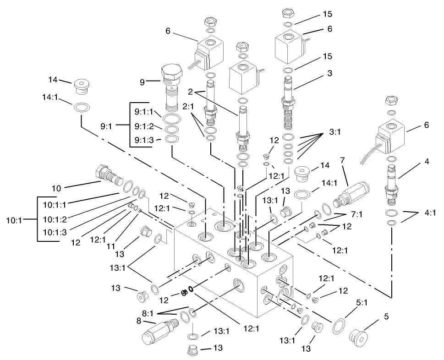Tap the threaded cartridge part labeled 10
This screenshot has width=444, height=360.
pos(108,175)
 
